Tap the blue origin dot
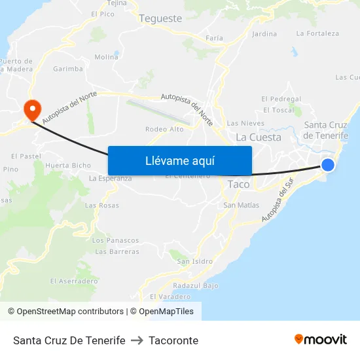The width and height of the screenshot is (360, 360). (328, 165)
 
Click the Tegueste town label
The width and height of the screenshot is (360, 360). (160, 18)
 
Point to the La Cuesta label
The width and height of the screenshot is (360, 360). (259, 137)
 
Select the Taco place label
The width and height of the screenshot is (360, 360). (238, 185)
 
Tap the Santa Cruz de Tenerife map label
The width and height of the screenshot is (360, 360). (326, 130)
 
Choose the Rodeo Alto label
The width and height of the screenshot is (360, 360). (164, 129)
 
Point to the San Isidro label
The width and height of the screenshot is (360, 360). (194, 261)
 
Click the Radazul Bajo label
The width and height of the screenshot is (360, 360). (196, 286)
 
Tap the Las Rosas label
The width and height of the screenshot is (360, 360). (102, 206)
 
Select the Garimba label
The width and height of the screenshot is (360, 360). (68, 69)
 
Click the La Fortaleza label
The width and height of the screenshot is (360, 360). (317, 33)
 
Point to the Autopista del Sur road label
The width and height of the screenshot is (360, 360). (276, 206)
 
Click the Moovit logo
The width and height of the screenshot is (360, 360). (321, 340)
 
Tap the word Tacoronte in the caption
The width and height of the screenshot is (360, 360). (173, 340)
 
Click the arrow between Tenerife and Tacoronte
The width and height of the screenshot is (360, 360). (137, 340)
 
